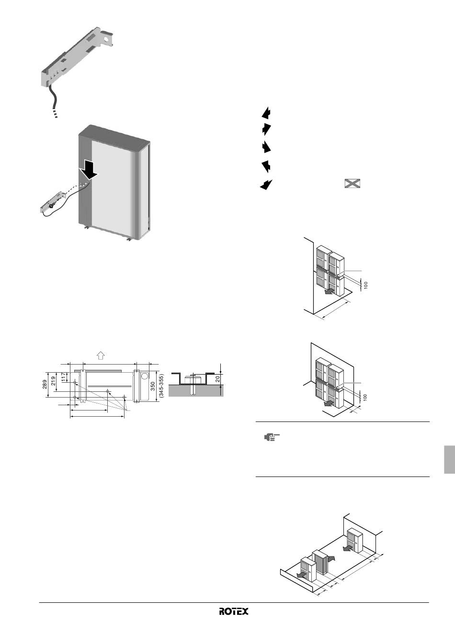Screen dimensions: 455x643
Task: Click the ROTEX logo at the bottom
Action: click(234, 611)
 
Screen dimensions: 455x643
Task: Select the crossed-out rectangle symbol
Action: click(353, 183)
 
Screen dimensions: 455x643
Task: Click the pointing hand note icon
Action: click(272, 437)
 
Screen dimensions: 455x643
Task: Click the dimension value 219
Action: click(54, 381)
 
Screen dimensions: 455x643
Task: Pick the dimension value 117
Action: click(63, 377)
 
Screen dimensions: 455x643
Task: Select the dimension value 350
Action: click(153, 386)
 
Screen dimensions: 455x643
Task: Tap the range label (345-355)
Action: click(161, 386)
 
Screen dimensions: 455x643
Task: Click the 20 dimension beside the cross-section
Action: click(217, 379)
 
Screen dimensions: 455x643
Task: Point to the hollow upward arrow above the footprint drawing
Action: click(100, 355)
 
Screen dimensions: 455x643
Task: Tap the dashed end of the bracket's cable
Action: click(55, 113)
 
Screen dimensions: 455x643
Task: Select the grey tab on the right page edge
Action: click(450, 459)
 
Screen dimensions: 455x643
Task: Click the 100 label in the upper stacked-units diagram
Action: click(365, 285)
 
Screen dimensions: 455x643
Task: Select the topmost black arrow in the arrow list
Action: click(266, 112)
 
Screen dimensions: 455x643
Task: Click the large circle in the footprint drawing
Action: click(145, 376)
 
